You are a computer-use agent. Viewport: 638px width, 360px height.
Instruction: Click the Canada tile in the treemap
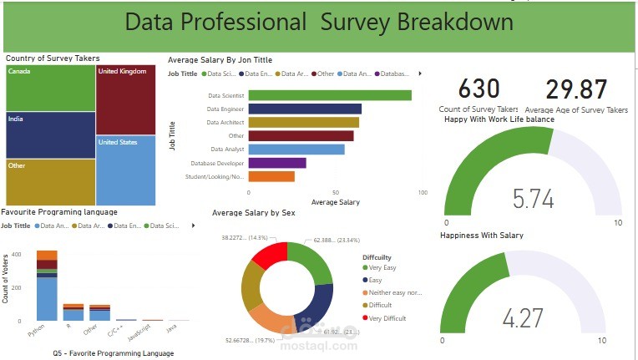click(50, 88)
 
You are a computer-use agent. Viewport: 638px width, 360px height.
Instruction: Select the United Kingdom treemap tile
click(125, 99)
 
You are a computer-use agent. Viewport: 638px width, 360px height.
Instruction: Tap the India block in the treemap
click(50, 134)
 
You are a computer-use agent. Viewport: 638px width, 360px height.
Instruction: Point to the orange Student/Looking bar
click(271, 176)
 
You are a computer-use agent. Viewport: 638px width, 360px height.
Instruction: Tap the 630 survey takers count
click(479, 89)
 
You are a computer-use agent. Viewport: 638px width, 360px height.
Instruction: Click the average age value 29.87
click(576, 90)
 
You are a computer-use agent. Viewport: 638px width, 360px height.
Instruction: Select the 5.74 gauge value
click(533, 199)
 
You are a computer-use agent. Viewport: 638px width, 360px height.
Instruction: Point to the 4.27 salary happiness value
click(523, 318)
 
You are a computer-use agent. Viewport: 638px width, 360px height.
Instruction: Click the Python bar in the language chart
click(47, 292)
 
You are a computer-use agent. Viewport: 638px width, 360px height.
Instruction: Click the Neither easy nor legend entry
click(397, 293)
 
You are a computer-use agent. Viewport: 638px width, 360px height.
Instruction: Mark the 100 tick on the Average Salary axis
click(422, 193)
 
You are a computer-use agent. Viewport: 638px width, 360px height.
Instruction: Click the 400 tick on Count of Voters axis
click(17, 253)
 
